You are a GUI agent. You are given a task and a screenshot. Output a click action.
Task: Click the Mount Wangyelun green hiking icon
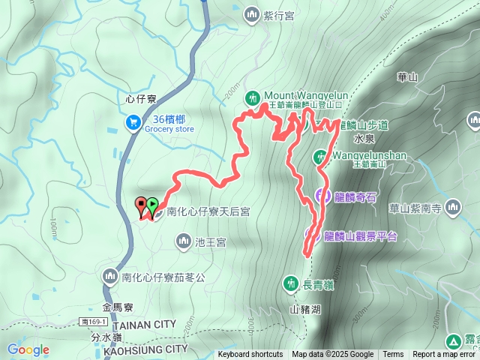(x=253, y=97)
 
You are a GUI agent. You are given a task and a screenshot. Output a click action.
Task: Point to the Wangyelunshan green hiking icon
(x=320, y=157)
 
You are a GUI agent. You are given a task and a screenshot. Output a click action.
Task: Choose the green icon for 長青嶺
(x=290, y=283)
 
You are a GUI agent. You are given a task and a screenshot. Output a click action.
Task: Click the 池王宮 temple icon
(x=184, y=241)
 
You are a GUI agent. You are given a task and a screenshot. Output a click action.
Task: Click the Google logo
(x=28, y=349)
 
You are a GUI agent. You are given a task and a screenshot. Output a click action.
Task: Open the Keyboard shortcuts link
(x=250, y=355)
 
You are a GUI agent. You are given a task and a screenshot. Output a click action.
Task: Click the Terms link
(x=393, y=355)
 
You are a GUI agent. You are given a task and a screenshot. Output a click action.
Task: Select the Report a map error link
(x=445, y=355)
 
